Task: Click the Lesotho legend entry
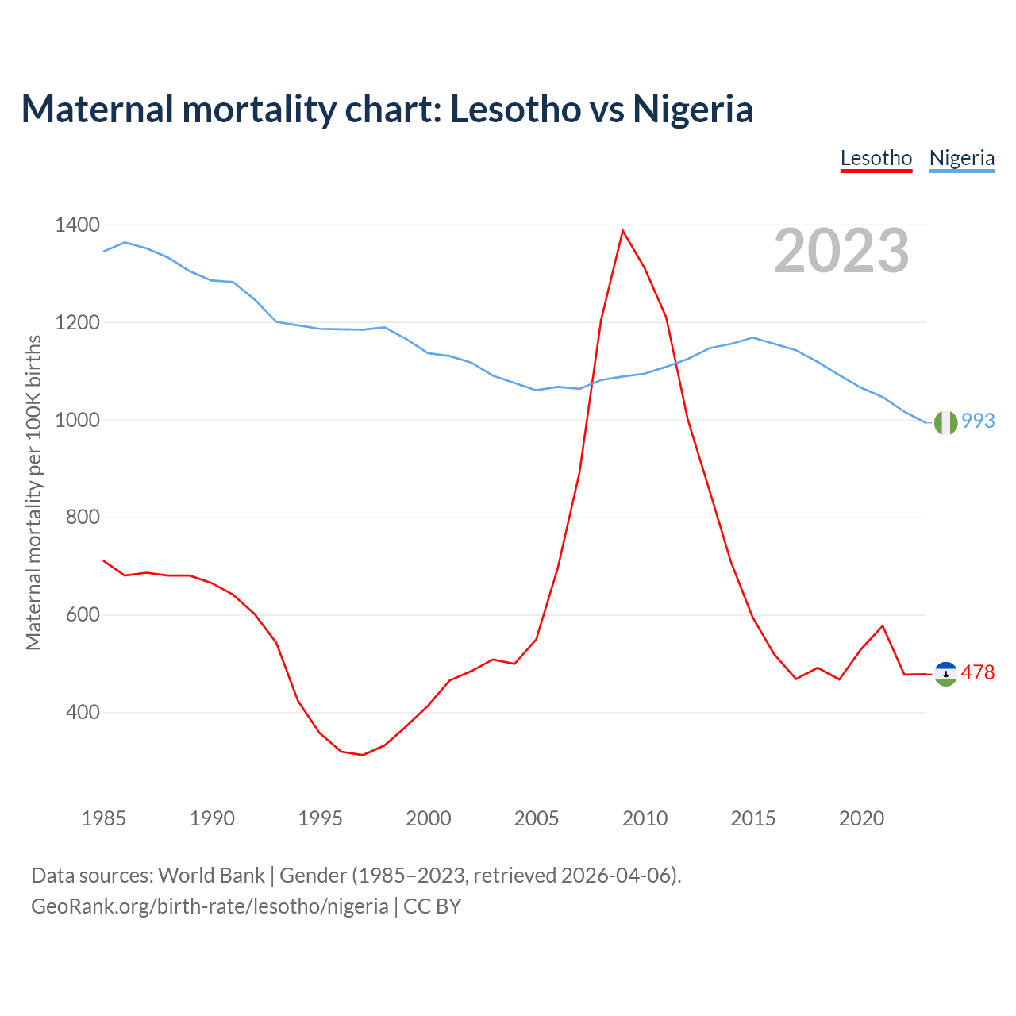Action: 876,158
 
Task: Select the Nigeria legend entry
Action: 961,158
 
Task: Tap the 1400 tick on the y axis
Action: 77,225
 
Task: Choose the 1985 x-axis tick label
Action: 103,818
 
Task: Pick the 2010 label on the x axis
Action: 645,818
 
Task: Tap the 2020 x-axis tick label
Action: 861,818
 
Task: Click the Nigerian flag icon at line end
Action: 945,423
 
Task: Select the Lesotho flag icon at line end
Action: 945,674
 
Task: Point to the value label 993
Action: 978,421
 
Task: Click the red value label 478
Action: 978,673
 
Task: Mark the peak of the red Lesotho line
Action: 623,231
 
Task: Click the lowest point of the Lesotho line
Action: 363,755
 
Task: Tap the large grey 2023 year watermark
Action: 841,251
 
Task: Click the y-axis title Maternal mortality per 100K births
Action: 33,492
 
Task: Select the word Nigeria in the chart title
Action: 692,109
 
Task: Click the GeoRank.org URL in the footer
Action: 210,906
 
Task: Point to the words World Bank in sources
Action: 211,876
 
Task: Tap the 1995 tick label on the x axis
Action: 320,818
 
